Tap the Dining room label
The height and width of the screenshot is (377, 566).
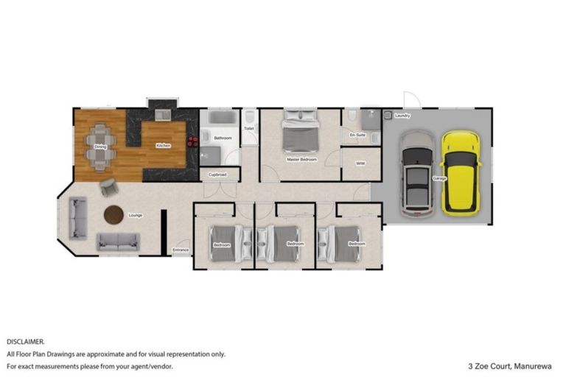coord(99,147)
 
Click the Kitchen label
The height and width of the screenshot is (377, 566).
coord(163,146)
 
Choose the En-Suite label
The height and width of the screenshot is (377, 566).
coord(358,135)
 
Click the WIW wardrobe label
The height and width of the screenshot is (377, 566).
coord(360,163)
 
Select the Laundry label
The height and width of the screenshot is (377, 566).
coord(402,116)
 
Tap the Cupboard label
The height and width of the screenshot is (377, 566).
coord(217,175)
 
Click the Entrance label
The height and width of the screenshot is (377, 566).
coord(181,250)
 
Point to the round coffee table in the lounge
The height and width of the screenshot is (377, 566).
coord(114,214)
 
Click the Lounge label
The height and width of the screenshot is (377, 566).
coord(135,215)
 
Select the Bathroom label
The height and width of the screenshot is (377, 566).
coord(223,138)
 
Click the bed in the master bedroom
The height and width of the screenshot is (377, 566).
coord(299,131)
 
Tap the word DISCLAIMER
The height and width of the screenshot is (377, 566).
coord(26,342)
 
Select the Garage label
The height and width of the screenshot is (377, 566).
coord(439,179)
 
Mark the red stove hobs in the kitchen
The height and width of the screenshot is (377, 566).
coord(193,142)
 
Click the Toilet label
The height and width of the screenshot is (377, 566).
coord(249,128)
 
